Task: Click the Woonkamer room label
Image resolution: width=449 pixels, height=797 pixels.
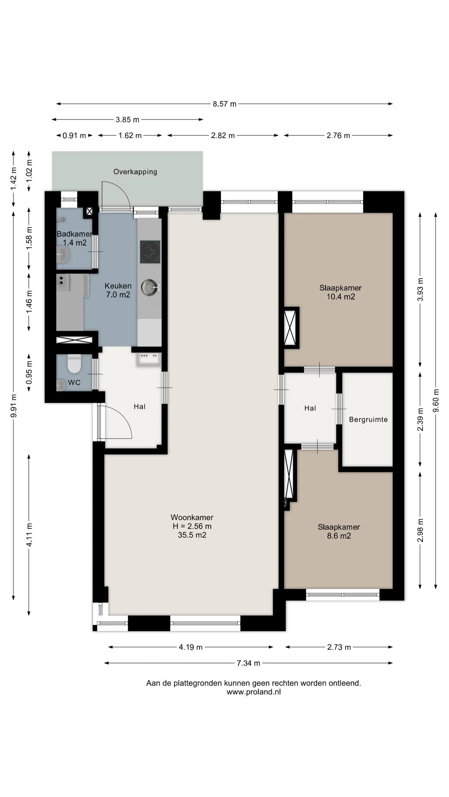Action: pyautogui.click(x=192, y=517)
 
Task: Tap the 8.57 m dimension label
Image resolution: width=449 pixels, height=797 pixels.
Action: pyautogui.click(x=224, y=104)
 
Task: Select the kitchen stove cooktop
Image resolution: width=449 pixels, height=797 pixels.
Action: pyautogui.click(x=150, y=252)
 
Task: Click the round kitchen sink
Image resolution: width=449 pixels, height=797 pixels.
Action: pyautogui.click(x=150, y=287)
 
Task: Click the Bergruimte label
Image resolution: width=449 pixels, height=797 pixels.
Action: pyautogui.click(x=368, y=419)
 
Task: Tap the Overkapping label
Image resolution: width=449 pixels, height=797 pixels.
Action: pyautogui.click(x=135, y=172)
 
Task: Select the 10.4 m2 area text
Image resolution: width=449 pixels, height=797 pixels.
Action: pyautogui.click(x=340, y=297)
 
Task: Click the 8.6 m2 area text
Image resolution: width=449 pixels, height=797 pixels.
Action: pyautogui.click(x=339, y=536)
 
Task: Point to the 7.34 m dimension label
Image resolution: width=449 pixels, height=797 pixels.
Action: pyautogui.click(x=248, y=663)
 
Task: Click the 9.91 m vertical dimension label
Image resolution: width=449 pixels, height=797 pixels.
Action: pyautogui.click(x=13, y=406)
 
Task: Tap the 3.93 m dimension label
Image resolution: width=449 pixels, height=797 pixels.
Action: pyautogui.click(x=420, y=289)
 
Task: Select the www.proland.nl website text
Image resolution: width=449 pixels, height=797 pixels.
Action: pyautogui.click(x=253, y=692)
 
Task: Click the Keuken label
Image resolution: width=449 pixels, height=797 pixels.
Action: pyautogui.click(x=118, y=286)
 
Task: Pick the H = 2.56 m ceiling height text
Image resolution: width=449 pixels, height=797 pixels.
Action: pyautogui.click(x=192, y=526)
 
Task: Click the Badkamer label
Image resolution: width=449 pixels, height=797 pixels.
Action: pyautogui.click(x=75, y=234)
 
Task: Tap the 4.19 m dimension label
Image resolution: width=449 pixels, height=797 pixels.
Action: pyautogui.click(x=191, y=647)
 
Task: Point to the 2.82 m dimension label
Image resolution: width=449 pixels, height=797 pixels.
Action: pyautogui.click(x=223, y=135)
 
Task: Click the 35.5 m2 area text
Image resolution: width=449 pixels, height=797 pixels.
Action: pyautogui.click(x=192, y=535)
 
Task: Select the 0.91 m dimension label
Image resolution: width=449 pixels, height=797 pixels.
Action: pyautogui.click(x=74, y=135)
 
